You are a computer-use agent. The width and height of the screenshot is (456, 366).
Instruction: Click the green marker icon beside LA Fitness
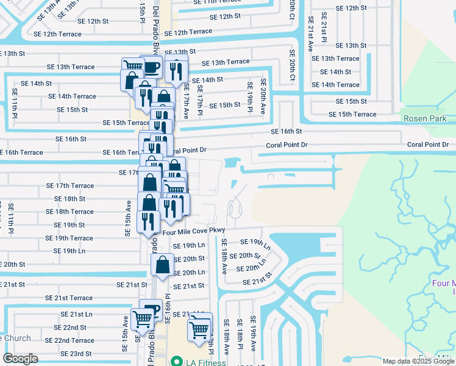(x=176, y=362)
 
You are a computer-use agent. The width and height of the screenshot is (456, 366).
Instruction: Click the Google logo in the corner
(x=20, y=359)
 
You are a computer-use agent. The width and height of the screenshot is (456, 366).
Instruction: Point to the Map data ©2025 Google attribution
(x=418, y=361)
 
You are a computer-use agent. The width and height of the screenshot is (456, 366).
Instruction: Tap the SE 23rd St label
(x=76, y=353)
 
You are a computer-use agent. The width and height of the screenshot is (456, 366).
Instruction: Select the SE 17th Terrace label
(x=70, y=185)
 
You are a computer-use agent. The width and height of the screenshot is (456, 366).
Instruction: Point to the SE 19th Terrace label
(x=69, y=239)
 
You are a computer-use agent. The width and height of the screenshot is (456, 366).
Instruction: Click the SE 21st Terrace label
(x=69, y=298)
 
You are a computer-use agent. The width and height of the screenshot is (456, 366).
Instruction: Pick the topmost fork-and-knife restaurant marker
(x=175, y=70)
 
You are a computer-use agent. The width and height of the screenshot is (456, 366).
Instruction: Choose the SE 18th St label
(x=69, y=199)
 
